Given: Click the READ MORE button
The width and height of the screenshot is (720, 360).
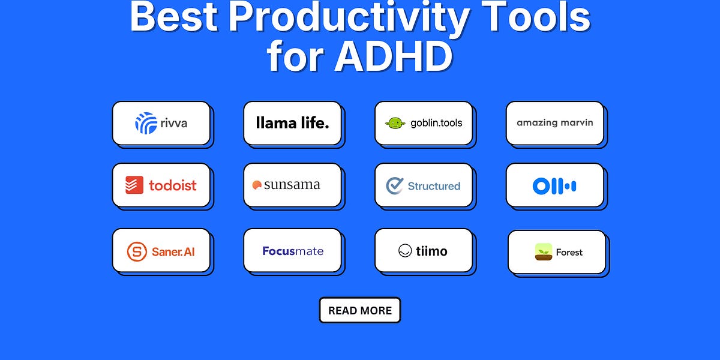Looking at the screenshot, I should click(359, 310).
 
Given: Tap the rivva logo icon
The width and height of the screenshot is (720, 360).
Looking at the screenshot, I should click(146, 123).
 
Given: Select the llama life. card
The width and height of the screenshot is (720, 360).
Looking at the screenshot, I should click(292, 123).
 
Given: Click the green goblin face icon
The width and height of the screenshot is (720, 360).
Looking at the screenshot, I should click(395, 123).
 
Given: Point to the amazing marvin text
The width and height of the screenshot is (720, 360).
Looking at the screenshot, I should click(554, 122).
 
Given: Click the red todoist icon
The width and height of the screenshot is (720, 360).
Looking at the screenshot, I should click(134, 185).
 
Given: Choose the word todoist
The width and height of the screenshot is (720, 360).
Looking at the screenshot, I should click(172, 185).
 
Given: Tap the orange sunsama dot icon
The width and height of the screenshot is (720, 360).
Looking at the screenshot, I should click(257, 185).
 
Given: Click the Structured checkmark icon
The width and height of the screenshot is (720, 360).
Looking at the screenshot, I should click(394, 185).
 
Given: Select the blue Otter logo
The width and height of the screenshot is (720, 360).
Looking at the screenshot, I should click(554, 186).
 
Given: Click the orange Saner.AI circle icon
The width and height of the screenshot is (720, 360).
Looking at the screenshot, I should click(136, 251).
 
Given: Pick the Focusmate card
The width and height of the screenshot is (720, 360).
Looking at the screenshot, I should click(292, 251).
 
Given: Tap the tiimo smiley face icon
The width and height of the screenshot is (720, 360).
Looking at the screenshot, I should click(405, 251).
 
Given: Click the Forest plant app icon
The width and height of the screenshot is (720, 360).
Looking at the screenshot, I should click(543, 252).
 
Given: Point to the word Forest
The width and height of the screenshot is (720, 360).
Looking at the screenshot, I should click(569, 253).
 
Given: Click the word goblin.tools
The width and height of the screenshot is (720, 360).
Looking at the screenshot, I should click(436, 123).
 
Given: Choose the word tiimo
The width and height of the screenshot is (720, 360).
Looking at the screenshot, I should click(431, 251).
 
